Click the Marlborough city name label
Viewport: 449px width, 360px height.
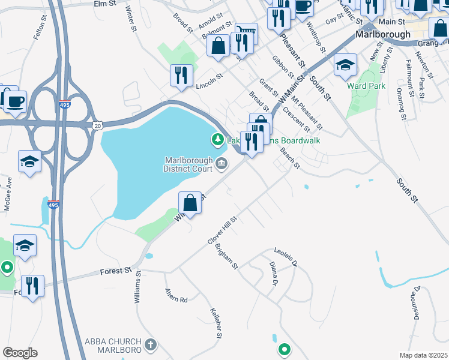click(x=382, y=34)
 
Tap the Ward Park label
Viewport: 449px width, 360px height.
click(x=366, y=86)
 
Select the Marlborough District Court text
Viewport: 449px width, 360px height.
click(x=189, y=164)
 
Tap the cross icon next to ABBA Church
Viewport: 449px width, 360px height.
click(x=151, y=344)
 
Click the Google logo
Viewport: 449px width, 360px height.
click(x=20, y=353)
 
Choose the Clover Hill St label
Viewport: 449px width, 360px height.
click(x=223, y=230)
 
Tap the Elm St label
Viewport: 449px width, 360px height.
click(x=104, y=4)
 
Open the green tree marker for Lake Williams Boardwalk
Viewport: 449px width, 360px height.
click(x=217, y=140)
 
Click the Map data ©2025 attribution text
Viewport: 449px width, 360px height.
click(x=424, y=355)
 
